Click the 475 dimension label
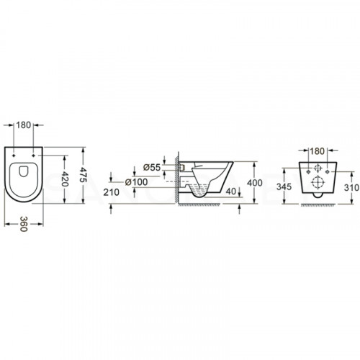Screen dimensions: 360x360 [x=82, y=174]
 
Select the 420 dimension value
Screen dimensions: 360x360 [x=65, y=179]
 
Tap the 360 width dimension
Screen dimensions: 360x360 [x=23, y=224]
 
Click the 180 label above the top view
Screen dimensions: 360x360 [x=23, y=125]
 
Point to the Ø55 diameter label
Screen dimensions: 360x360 [x=152, y=167]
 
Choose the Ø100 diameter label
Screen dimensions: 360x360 [x=137, y=182]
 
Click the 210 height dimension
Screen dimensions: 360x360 [x=111, y=192]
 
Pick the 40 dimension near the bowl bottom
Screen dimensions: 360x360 [x=230, y=192]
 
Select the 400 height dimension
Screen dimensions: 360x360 [x=255, y=183]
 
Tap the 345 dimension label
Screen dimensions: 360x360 [x=284, y=186]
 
